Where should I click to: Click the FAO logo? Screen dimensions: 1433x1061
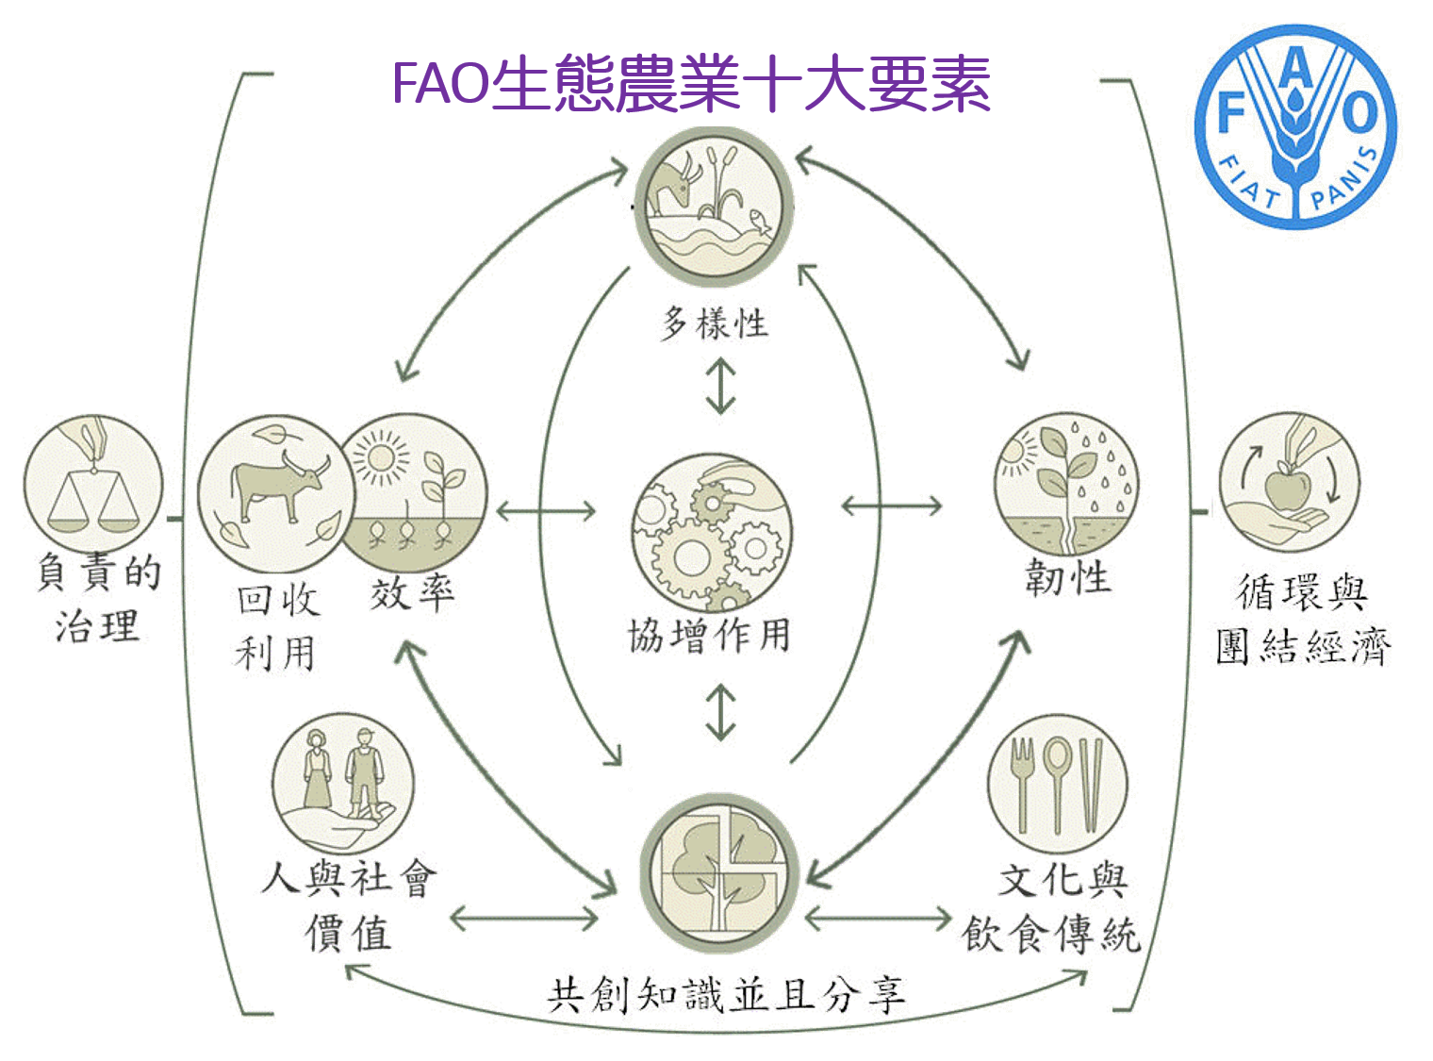1294,126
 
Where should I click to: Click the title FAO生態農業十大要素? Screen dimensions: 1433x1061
691,84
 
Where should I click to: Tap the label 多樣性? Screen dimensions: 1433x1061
714,323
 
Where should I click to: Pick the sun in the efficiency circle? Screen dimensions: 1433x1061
381,457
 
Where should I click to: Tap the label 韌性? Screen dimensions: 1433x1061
1068,577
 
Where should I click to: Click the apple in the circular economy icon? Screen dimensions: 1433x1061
1288,490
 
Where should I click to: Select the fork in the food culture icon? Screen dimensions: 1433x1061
1023,785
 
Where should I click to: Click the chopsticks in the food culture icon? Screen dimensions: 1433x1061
1091,785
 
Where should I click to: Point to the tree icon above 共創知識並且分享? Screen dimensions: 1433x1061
719,873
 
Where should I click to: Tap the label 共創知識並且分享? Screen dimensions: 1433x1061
726,995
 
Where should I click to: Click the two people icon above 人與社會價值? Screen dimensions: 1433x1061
343,783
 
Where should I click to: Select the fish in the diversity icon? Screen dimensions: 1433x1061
761,221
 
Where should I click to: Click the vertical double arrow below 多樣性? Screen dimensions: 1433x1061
721,386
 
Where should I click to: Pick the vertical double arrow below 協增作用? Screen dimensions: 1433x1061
721,711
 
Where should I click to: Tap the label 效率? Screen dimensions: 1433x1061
412,593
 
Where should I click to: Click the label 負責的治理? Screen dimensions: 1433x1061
98,599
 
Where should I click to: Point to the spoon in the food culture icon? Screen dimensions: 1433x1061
1057,785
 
